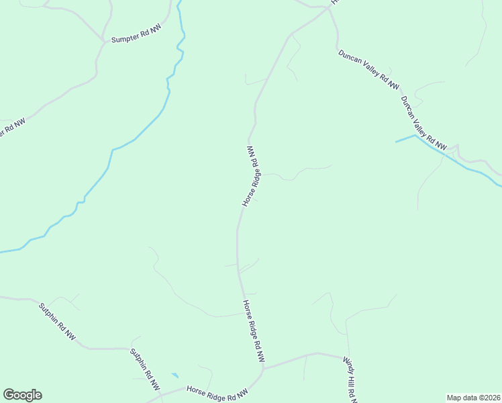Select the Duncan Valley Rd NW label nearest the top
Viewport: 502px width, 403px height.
(x=368, y=70)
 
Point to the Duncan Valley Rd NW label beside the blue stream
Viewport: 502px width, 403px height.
(x=423, y=123)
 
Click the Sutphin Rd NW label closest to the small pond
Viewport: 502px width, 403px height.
(x=145, y=369)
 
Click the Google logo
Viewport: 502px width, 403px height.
(x=22, y=395)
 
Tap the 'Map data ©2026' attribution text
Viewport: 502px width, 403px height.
(x=473, y=398)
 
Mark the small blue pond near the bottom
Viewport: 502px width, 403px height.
(x=175, y=375)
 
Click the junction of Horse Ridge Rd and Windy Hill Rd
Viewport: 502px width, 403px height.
(x=263, y=367)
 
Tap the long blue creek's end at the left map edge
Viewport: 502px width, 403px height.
(x=1, y=252)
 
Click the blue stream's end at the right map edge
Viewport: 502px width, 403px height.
(x=500, y=185)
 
